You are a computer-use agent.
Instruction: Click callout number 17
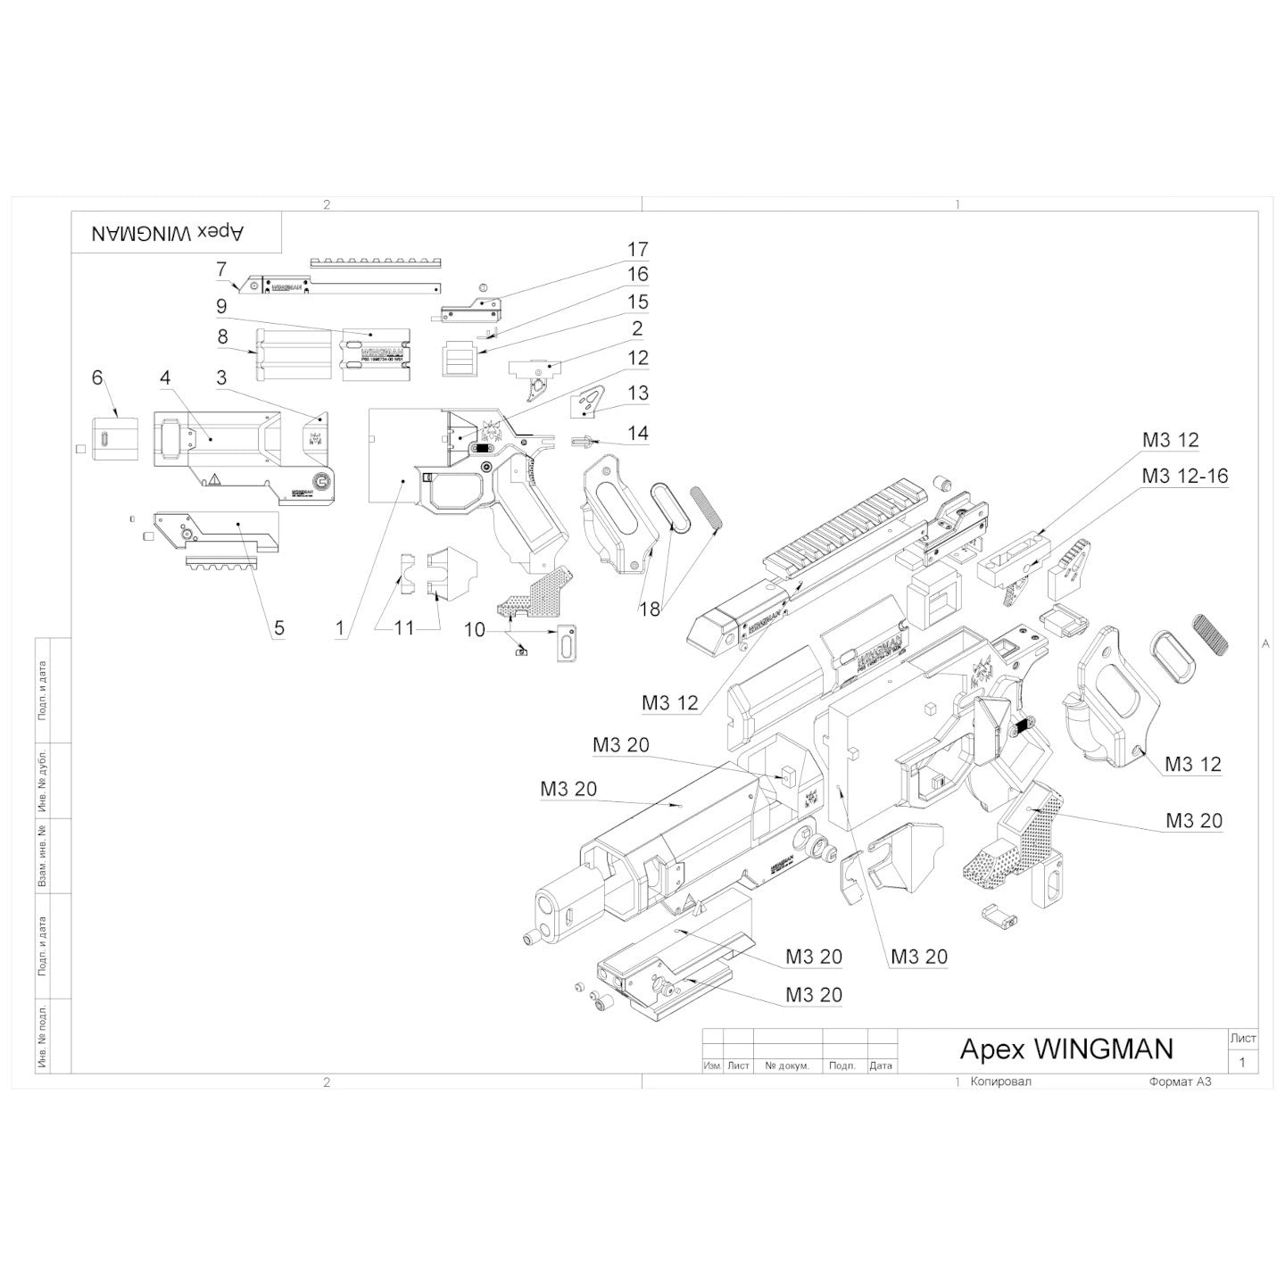[637, 249]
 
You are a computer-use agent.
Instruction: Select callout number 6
[97, 377]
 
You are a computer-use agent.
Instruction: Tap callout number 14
[637, 434]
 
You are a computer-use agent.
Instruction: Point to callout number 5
[279, 628]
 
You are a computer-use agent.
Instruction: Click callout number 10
[475, 630]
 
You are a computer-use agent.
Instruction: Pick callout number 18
[651, 609]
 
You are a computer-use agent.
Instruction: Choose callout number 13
[637, 393]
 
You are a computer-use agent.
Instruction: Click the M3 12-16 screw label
[1184, 477]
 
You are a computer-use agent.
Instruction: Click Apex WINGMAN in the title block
[1065, 1049]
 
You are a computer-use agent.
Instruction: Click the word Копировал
[999, 1081]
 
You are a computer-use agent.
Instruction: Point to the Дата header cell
[880, 1065]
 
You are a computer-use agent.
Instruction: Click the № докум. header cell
[787, 1065]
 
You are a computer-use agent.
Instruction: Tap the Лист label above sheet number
[1242, 1038]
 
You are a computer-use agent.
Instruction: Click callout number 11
[404, 628]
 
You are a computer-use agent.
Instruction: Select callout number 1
[340, 628]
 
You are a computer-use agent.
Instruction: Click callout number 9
[221, 306]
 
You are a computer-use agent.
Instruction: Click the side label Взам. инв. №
[43, 856]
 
